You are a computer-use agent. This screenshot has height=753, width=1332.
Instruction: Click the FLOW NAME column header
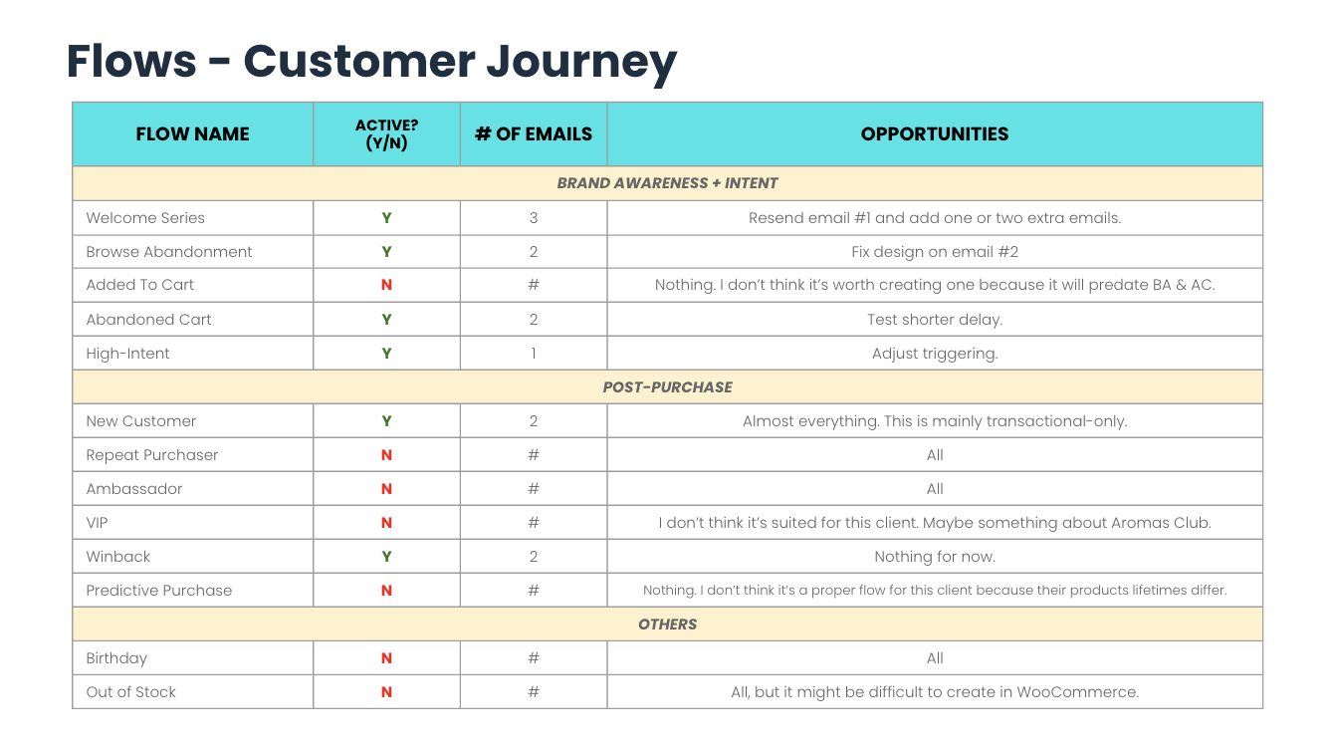[192, 133]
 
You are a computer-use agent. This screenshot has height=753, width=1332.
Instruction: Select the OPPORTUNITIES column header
[934, 133]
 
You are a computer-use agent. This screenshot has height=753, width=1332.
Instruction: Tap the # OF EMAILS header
[534, 133]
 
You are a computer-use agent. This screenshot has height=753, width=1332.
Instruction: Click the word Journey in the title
[581, 63]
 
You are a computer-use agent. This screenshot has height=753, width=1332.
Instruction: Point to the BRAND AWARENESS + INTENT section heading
[667, 183]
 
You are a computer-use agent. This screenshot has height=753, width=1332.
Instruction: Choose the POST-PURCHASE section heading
[667, 387]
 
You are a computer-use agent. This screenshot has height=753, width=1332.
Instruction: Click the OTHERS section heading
[667, 624]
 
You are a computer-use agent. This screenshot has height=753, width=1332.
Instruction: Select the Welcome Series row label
[145, 218]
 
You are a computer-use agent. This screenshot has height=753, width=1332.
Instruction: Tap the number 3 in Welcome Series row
[534, 218]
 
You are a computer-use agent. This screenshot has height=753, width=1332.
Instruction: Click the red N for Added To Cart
[386, 285]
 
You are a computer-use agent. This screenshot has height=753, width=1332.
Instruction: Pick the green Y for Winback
[386, 557]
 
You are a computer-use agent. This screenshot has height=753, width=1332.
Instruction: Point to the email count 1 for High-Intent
[534, 354]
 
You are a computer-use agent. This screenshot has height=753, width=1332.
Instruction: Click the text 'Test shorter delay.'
[935, 320]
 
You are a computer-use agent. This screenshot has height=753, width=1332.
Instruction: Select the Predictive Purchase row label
[158, 591]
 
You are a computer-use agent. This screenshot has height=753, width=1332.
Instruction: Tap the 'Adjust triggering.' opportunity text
[935, 354]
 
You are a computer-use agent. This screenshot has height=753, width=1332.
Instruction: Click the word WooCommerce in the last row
[1077, 692]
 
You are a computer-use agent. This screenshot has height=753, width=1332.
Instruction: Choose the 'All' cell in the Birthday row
[935, 658]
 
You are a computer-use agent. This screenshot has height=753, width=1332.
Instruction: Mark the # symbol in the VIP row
[534, 523]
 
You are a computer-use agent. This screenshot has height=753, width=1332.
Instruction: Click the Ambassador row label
[133, 489]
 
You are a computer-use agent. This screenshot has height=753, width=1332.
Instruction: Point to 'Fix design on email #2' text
[935, 252]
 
